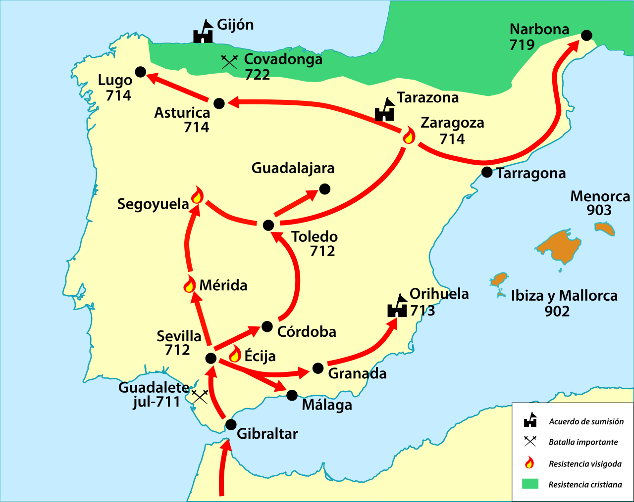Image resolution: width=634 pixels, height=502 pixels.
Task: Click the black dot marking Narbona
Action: [x=586, y=35]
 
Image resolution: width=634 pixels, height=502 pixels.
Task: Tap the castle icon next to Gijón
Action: [x=203, y=32]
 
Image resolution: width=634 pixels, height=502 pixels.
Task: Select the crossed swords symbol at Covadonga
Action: [x=229, y=61]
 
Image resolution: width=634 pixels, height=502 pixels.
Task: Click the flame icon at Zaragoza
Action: [x=409, y=135]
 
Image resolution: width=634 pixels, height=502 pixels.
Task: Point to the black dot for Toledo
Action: [x=268, y=226]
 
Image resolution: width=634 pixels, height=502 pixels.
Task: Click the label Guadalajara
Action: [x=293, y=168]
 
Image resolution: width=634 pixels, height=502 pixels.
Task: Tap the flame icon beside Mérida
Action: [x=189, y=284]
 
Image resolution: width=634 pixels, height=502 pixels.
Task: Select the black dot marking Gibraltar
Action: [x=231, y=424]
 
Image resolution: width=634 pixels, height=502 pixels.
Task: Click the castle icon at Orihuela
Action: [x=397, y=306]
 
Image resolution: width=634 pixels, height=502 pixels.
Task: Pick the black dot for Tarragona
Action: [x=487, y=172]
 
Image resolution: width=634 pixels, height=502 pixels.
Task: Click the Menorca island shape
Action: [x=605, y=228]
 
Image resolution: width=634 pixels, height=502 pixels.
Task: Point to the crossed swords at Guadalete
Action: [x=200, y=396]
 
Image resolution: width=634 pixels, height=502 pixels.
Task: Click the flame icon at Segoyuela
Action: [x=197, y=195]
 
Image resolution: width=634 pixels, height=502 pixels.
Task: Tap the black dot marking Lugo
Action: [x=141, y=72]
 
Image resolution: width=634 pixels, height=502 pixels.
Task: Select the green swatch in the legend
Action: [x=530, y=484]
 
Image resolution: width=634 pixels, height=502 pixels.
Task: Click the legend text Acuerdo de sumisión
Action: [x=586, y=421]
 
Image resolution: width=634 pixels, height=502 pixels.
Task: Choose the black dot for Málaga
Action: [x=292, y=395]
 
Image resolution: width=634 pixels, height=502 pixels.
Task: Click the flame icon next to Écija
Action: [x=235, y=354]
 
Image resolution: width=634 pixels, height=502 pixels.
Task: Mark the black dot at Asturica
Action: [x=219, y=103]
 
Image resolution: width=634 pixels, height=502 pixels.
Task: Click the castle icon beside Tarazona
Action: [x=384, y=110]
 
